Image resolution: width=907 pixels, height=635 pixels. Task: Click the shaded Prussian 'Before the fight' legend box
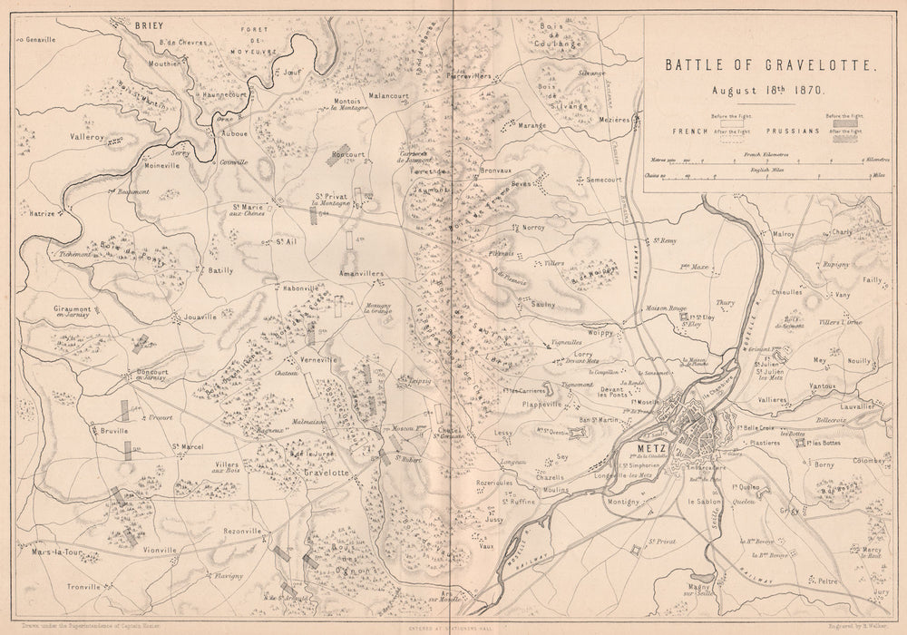pos(839,125)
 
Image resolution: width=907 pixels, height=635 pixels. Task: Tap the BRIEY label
pos(149,28)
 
